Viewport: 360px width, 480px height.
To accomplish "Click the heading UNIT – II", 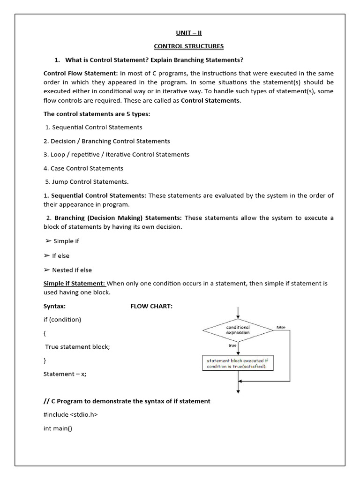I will click(189, 32).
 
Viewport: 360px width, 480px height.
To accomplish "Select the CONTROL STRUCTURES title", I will click(189, 46).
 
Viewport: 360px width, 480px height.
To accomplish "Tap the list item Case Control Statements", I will click(83, 168).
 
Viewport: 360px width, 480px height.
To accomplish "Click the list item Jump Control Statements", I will click(87, 182).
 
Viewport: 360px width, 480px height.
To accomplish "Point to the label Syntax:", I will click(54, 306).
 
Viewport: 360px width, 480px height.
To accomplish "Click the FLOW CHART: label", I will click(151, 306).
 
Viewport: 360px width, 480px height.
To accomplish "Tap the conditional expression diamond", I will click(238, 330).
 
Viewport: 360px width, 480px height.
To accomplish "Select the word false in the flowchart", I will click(281, 327).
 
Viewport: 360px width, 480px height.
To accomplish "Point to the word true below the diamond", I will click(232, 345).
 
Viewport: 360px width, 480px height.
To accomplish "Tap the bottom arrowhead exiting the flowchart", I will click(238, 391).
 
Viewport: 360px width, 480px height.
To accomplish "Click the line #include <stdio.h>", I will click(71, 414).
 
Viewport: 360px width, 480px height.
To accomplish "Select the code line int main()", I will click(58, 428).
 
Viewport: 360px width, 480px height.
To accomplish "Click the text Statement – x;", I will click(65, 374).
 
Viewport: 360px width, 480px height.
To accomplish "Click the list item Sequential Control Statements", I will click(97, 127).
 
